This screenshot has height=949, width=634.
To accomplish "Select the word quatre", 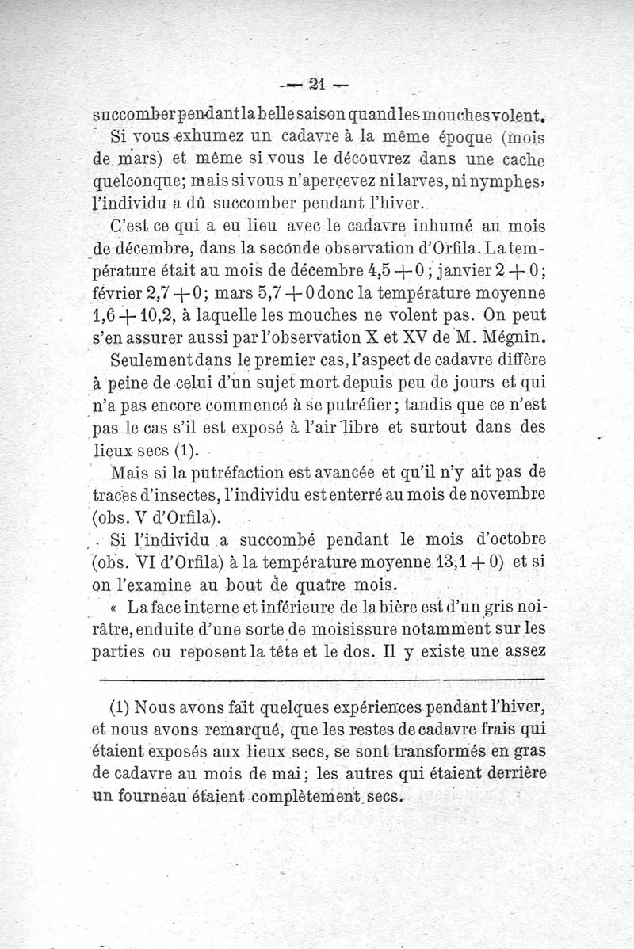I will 343,585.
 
